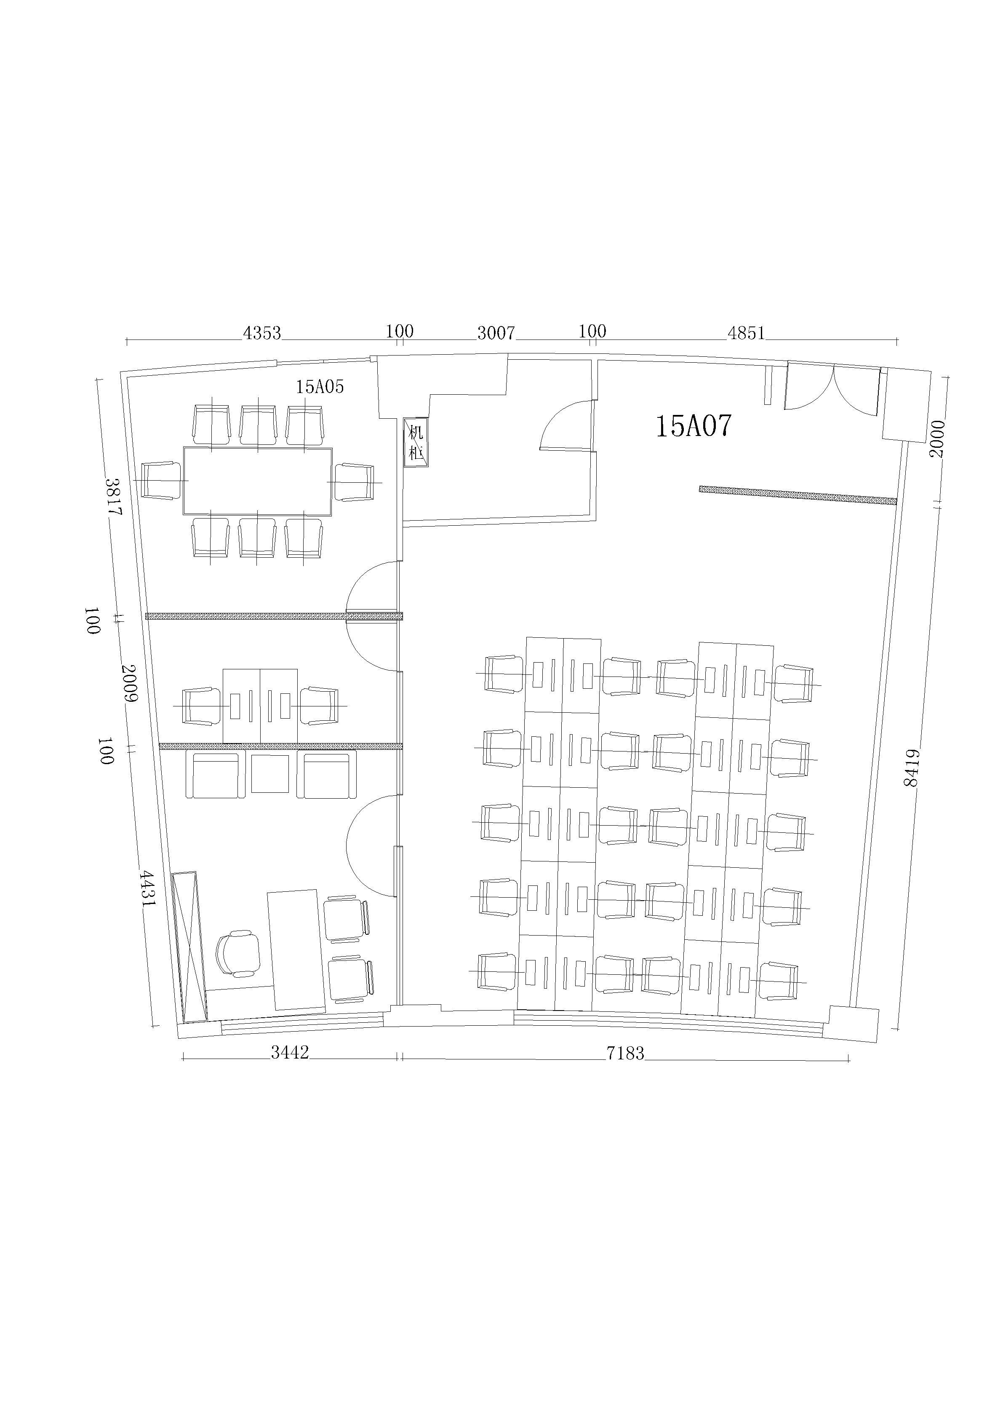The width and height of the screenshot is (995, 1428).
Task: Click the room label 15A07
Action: tap(694, 426)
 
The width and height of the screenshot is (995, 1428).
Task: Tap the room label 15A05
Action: tap(320, 387)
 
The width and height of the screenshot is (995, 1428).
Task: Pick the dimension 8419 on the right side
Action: tap(911, 767)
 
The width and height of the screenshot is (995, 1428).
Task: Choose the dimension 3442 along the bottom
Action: tap(290, 1052)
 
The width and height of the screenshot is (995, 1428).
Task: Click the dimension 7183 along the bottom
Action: tap(626, 1053)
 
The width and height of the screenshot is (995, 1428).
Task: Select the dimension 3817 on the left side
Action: tap(114, 496)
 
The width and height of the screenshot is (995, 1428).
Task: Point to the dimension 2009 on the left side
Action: tap(129, 683)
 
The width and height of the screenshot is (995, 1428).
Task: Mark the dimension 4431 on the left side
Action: tap(147, 889)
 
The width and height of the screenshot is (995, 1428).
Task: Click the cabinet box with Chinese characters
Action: tap(416, 442)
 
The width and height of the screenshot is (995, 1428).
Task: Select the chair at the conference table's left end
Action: tap(160, 480)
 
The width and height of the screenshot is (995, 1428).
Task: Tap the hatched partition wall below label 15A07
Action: tap(798, 495)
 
